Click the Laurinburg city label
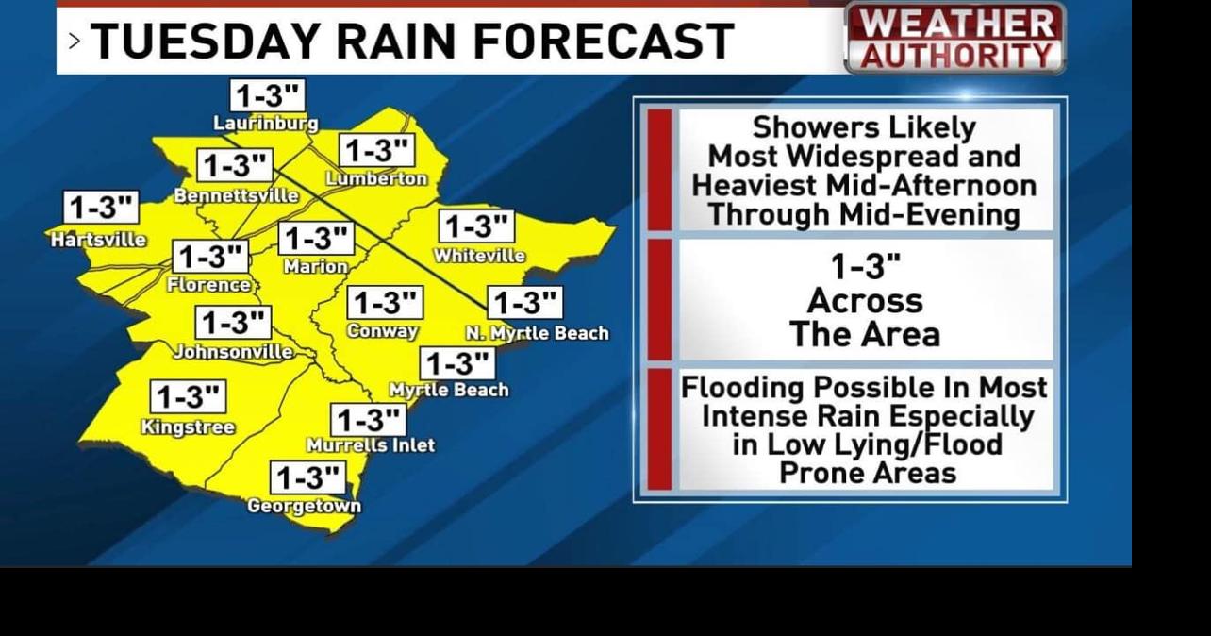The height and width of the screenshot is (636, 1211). click(266, 123)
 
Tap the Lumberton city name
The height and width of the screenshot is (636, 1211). click(376, 178)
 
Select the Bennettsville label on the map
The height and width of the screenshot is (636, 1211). click(236, 196)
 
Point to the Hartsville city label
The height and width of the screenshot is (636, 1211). click(98, 240)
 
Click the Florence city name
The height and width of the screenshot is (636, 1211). click(208, 284)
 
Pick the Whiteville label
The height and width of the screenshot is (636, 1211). click(479, 256)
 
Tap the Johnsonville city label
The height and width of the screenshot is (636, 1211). click(233, 352)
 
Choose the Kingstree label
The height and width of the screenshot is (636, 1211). click(188, 427)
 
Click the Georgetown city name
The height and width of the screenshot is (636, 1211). click(304, 507)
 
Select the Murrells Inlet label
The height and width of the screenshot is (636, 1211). click(371, 444)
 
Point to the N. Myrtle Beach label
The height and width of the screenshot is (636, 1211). click(538, 333)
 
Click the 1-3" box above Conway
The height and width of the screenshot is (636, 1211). click(385, 303)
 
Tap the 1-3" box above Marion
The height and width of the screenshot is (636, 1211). click(316, 239)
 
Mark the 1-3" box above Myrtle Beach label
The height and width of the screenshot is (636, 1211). click(458, 363)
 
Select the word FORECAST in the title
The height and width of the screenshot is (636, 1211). click(604, 42)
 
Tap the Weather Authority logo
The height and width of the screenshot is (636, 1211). click(955, 39)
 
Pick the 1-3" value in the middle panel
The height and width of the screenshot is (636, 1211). click(865, 267)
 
